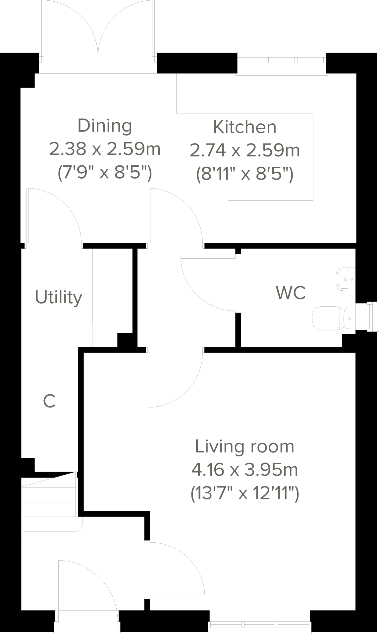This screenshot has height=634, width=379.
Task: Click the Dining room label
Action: [105, 126]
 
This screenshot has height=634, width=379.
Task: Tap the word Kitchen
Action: [244, 127]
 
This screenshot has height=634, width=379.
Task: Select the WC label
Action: [291, 293]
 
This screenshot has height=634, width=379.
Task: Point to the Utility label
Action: [59, 297]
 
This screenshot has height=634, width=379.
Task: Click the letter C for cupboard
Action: [49, 402]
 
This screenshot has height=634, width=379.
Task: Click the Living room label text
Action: [244, 446]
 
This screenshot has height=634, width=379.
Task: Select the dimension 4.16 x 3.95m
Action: [244, 470]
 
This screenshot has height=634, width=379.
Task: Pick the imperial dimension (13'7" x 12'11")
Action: [244, 494]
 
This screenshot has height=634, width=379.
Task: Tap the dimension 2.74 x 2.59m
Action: [244, 150]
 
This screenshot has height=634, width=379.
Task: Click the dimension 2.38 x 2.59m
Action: [105, 149]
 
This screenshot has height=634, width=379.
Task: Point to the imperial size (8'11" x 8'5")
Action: [244, 174]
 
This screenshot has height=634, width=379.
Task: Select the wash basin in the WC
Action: [346, 279]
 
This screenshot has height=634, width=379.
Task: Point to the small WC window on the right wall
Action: [372, 316]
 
